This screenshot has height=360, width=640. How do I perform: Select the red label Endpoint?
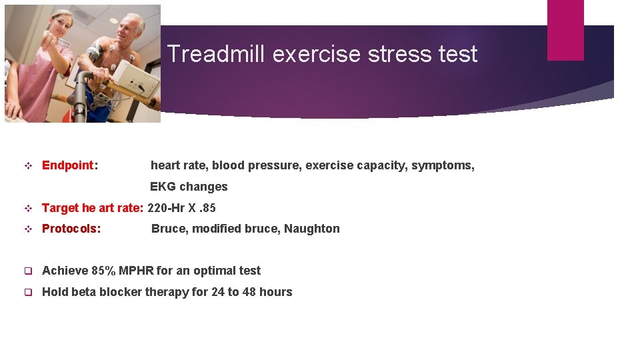[68, 165]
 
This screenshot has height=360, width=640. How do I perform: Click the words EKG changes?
[189, 187]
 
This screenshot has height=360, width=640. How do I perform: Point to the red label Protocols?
[71, 229]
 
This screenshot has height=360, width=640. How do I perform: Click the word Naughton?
[311, 229]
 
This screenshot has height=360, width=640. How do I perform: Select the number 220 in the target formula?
[157, 208]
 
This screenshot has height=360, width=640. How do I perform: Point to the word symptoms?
[442, 165]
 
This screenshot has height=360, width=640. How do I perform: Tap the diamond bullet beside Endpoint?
[28, 165]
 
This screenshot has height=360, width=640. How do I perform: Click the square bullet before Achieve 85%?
[28, 271]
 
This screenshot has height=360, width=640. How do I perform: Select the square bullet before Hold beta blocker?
[28, 292]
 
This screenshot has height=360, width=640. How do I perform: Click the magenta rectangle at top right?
[565, 30]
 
